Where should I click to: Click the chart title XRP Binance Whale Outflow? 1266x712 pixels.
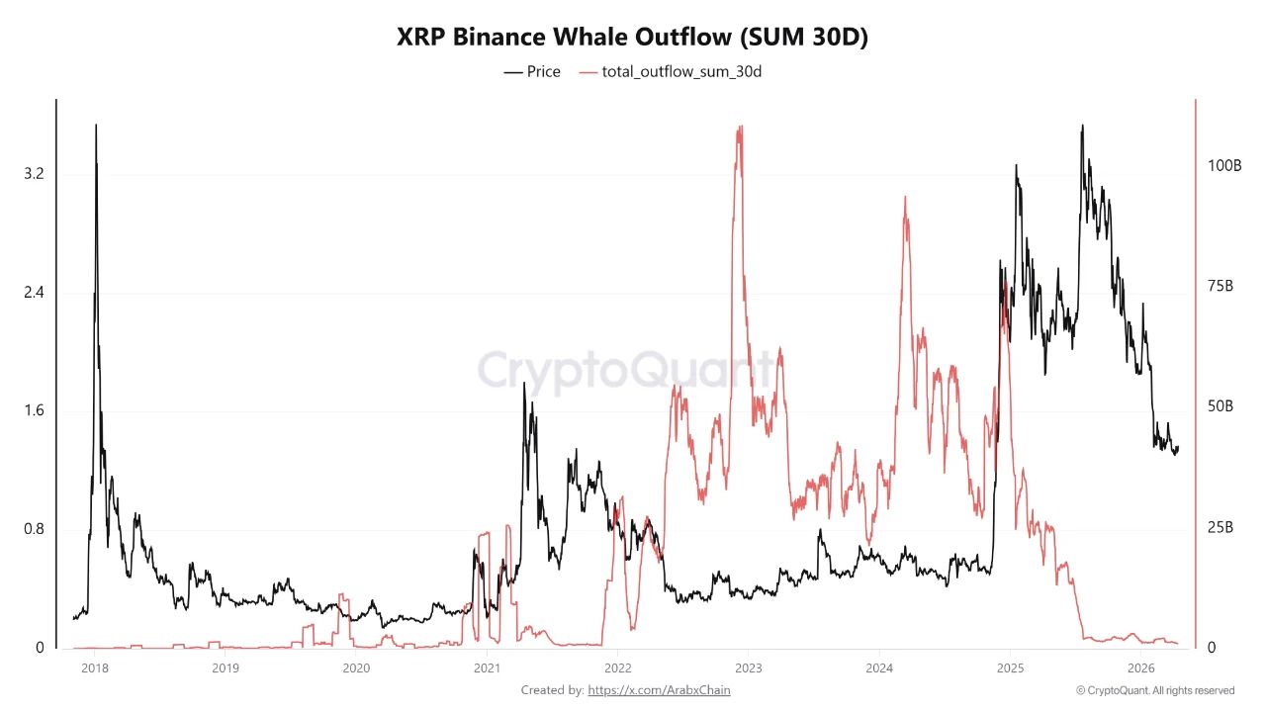632,37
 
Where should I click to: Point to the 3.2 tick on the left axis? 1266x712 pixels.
34,174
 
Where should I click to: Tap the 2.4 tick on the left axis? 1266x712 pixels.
34,293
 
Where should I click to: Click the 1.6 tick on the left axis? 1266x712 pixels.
34,411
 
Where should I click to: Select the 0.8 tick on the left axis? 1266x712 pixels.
34,529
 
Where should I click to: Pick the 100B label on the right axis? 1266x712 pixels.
1224,165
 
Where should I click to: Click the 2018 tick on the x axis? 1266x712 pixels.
94,667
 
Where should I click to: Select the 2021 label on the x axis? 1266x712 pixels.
486,667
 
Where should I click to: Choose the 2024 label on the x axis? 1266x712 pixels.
878,667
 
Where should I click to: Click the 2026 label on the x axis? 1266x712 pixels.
1140,667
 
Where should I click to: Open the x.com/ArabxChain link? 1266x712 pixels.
659,690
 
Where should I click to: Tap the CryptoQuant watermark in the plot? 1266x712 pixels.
626,371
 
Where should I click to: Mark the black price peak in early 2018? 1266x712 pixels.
96,127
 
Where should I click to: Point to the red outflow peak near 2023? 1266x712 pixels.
739,129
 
